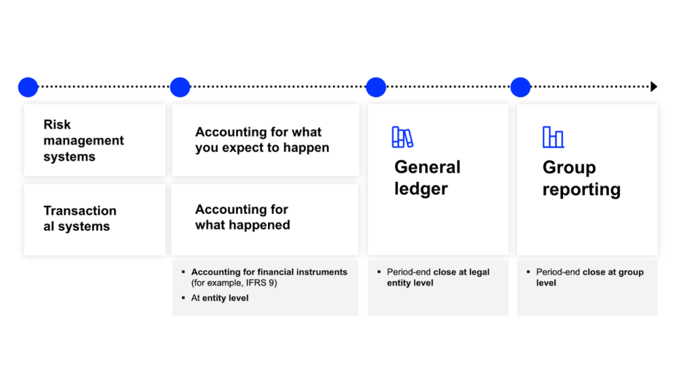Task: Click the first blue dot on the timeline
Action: (x=28, y=87)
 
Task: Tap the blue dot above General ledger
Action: (x=376, y=87)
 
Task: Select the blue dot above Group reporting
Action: (x=520, y=87)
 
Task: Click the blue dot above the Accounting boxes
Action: (x=180, y=87)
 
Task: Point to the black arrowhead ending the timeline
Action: (x=654, y=87)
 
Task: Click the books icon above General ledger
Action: (x=402, y=137)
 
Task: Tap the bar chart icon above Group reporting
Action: (x=553, y=137)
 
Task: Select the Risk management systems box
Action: (x=95, y=140)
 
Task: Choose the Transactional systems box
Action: (x=95, y=219)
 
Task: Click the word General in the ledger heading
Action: (x=428, y=167)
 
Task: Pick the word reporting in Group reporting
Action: (x=581, y=190)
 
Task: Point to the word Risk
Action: (x=57, y=125)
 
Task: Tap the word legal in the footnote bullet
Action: (x=479, y=272)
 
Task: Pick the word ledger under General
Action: (x=421, y=190)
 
